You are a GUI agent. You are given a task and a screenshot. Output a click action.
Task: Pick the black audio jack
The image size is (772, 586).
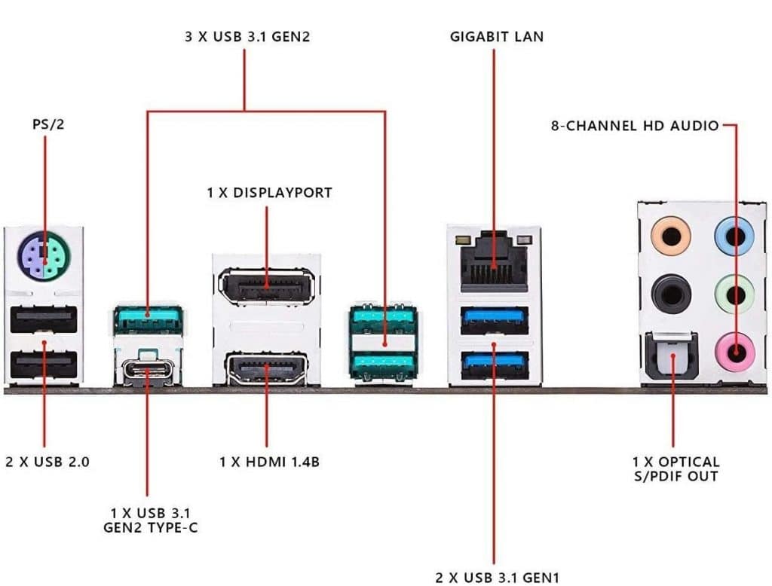pos(670,293)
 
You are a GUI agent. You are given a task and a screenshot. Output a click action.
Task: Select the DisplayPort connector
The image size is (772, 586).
pos(266,286)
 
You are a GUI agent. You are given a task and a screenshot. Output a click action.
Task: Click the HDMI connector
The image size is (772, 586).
pos(266,370)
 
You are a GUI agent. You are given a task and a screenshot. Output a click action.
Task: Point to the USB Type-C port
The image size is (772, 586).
pos(148,370)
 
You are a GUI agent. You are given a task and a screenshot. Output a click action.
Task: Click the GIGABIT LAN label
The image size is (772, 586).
pos(496,36)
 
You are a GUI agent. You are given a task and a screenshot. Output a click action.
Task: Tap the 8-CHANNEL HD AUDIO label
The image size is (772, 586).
pos(635,126)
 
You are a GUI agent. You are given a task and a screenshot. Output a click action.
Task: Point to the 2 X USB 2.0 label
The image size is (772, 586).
pos(47,462)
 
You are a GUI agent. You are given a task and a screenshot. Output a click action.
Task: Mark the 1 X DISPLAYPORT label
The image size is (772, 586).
pos(269,193)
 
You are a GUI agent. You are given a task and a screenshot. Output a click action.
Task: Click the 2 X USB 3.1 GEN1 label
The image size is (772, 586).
pos(498,578)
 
